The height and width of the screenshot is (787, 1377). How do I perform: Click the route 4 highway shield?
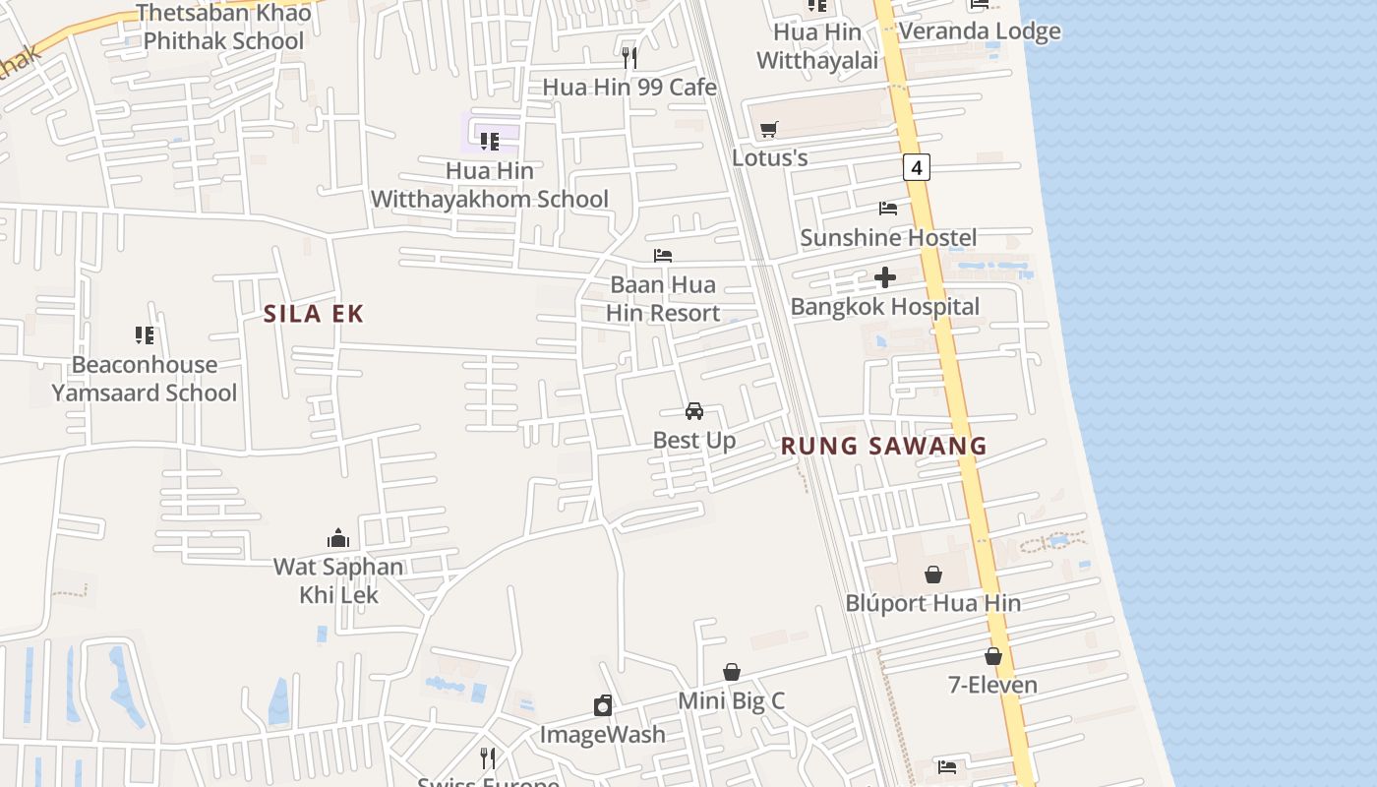[x=917, y=168]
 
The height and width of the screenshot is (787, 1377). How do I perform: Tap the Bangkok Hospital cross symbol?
[x=885, y=277]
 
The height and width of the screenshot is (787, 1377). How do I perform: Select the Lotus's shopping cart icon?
[x=769, y=130]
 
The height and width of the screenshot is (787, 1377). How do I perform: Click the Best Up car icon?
[x=693, y=411]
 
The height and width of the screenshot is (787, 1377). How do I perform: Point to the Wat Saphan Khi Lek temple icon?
[x=338, y=538]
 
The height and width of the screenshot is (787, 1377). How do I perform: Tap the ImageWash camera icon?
[x=603, y=705]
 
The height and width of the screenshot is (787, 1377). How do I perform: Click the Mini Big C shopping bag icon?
[x=732, y=672]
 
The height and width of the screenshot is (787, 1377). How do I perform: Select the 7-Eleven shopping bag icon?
[x=993, y=656]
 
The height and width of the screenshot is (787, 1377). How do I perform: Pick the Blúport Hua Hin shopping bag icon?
[x=933, y=575]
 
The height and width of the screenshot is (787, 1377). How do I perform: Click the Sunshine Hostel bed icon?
[x=888, y=209]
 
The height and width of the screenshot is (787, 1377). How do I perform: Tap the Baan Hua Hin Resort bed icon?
[x=663, y=256]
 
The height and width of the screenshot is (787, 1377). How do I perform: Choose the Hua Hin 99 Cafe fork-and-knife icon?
[x=629, y=58]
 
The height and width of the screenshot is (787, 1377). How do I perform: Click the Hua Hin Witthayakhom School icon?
[x=490, y=142]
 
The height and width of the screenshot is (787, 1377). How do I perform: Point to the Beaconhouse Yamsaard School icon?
[x=145, y=335]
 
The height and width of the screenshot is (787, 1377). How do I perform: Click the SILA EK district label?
[x=314, y=314]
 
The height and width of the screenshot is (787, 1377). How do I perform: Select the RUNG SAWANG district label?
[x=883, y=446]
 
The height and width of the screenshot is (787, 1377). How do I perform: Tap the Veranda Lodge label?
[x=980, y=31]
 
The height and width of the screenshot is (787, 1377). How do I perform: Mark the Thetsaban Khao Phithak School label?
[x=223, y=27]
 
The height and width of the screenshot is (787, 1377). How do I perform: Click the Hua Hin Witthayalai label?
[x=816, y=46]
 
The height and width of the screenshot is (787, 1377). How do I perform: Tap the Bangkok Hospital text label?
[x=885, y=307]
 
